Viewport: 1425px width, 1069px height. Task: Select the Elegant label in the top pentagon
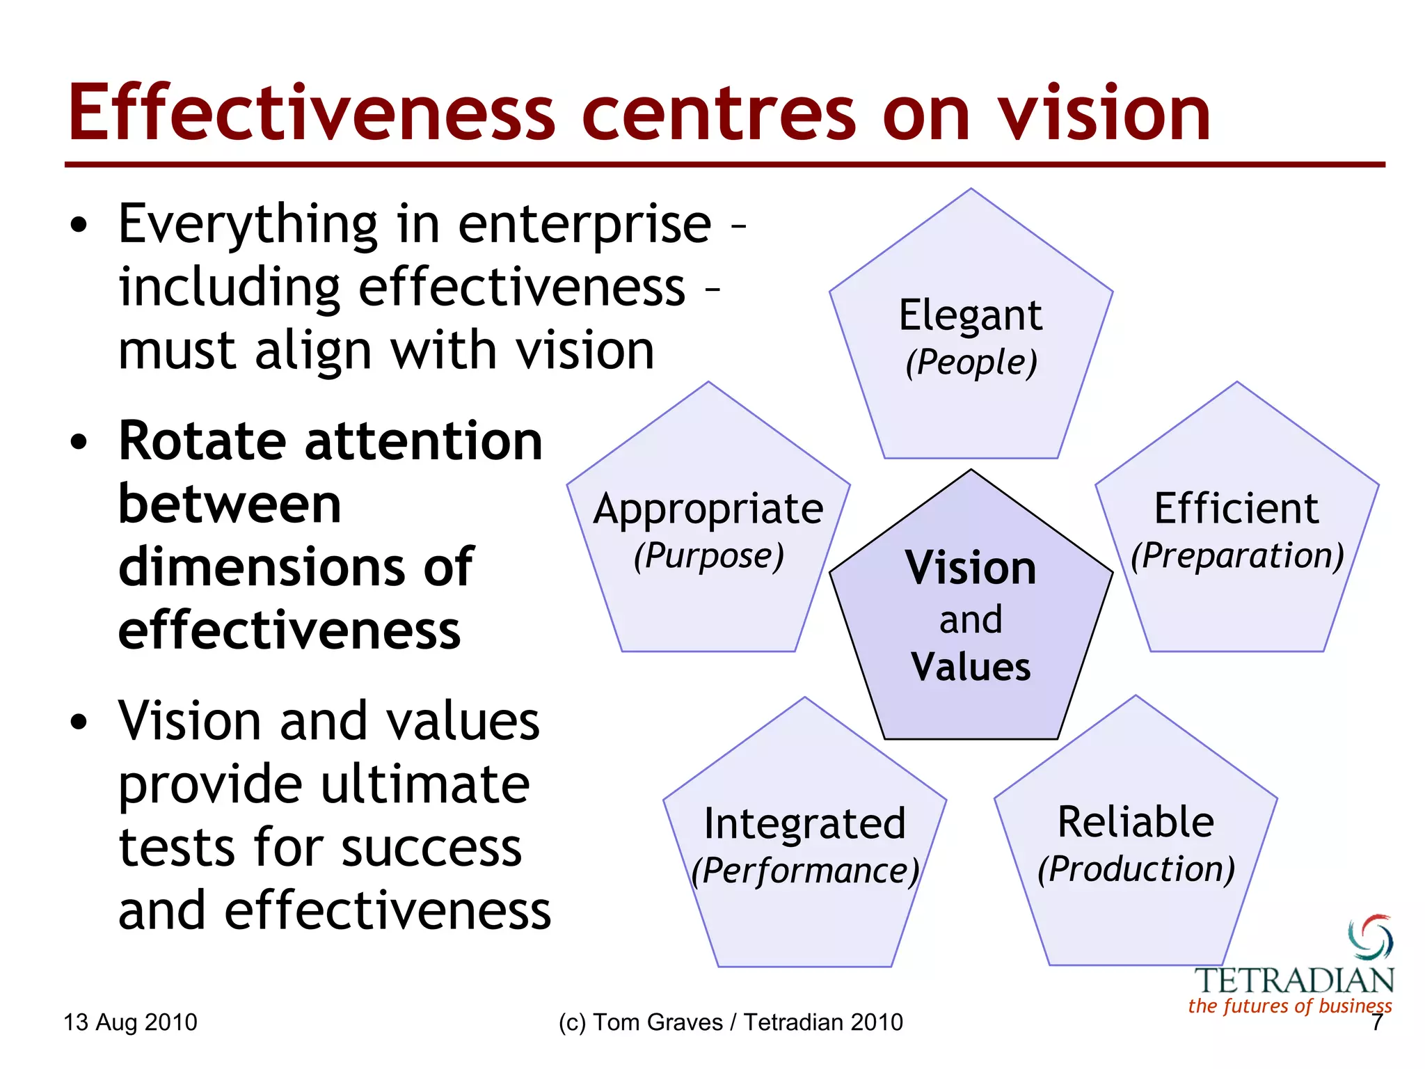pyautogui.click(x=970, y=316)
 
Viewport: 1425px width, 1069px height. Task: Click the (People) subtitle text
pyautogui.click(x=971, y=363)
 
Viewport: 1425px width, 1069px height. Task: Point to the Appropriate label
pyautogui.click(x=708, y=509)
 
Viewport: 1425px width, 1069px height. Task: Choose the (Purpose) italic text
pyautogui.click(x=708, y=555)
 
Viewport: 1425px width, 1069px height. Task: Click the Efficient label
pyautogui.click(x=1236, y=509)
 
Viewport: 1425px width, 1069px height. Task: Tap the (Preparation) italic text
pyautogui.click(x=1237, y=555)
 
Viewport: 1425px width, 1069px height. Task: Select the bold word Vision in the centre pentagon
pyautogui.click(x=971, y=568)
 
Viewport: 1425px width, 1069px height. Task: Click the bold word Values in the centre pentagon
pyautogui.click(x=971, y=667)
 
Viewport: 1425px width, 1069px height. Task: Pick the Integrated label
pyautogui.click(x=804, y=824)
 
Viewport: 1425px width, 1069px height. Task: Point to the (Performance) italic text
pyautogui.click(x=805, y=871)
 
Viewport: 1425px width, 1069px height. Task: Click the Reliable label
pyautogui.click(x=1136, y=823)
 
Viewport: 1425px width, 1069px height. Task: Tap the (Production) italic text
pyautogui.click(x=1136, y=869)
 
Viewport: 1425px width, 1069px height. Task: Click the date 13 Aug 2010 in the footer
pyautogui.click(x=130, y=1022)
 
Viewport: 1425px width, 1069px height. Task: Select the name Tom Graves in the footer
pyautogui.click(x=658, y=1022)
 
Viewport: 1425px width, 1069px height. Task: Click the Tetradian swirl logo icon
pyautogui.click(x=1370, y=937)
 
